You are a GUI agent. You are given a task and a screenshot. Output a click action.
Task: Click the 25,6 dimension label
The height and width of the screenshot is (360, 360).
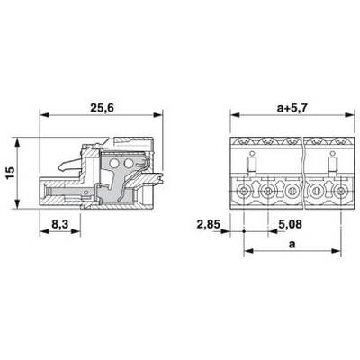[103, 108]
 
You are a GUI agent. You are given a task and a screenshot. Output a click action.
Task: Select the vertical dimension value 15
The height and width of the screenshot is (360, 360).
[10, 173]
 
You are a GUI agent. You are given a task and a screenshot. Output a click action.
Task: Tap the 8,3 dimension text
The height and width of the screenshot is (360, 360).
[60, 224]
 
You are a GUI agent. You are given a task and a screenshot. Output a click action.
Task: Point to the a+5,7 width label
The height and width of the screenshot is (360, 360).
[292, 108]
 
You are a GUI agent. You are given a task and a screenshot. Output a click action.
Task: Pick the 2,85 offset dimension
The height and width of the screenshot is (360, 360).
[209, 224]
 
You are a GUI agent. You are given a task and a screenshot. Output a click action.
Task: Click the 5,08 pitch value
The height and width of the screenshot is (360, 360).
[290, 224]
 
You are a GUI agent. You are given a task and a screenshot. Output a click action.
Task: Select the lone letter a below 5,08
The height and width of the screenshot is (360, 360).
[292, 245]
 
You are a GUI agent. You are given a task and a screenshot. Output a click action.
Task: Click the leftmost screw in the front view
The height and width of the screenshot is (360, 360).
[243, 191]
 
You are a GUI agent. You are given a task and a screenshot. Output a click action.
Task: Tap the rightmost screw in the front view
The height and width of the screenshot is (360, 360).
[340, 191]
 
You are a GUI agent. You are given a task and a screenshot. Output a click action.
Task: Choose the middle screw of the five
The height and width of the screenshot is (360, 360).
[292, 191]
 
